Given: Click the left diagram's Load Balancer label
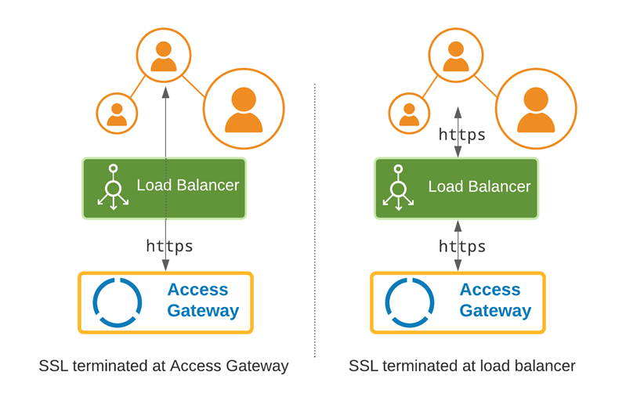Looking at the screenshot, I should tap(187, 186).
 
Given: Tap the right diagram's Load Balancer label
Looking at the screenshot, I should tap(479, 186).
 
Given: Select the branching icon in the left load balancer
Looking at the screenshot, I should tap(114, 188).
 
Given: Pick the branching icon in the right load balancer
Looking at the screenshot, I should tap(398, 188).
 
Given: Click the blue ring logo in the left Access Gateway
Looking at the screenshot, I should tap(118, 302).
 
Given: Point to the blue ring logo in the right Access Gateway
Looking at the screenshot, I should tap(410, 302).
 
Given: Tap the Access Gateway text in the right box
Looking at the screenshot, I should tap(494, 301).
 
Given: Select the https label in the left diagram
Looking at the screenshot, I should tap(169, 246).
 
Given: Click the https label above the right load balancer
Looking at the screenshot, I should tap(461, 135).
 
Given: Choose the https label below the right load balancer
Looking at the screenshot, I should tap(461, 247).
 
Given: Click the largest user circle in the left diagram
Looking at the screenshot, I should tap(244, 109).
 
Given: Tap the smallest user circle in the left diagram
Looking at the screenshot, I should tap(117, 114).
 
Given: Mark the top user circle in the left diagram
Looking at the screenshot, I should tap(164, 56).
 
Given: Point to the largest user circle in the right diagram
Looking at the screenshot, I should tap(536, 109).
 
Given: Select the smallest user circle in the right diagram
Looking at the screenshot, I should tap(409, 114).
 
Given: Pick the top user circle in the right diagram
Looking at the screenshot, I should tap(456, 56).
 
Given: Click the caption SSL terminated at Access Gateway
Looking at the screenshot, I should tap(163, 366).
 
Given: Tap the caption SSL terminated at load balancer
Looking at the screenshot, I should tap(461, 366).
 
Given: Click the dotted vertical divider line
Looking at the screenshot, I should tap(315, 235).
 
